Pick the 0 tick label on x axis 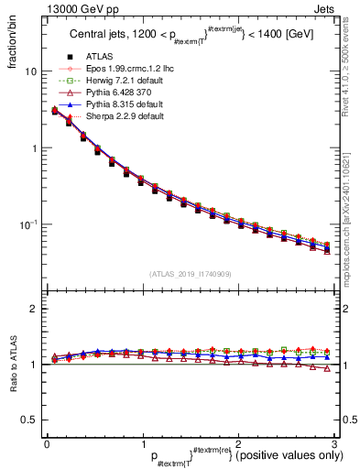(46, 444)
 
